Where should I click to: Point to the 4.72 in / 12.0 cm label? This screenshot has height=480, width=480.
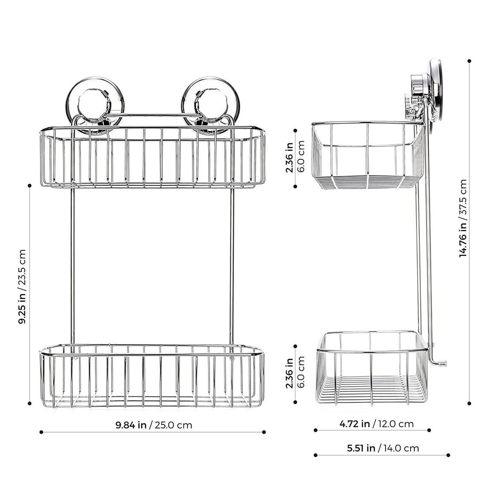(x=376, y=424)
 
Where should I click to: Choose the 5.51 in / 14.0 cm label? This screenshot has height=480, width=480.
(x=383, y=448)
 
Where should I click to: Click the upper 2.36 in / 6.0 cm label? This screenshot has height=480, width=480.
(x=295, y=158)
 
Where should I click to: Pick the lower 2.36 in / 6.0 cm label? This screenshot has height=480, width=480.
(x=295, y=373)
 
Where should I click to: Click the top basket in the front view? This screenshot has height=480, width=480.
(x=153, y=157)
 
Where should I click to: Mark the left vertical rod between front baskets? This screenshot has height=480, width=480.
(x=73, y=265)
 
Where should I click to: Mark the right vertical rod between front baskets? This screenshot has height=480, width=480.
(x=232, y=265)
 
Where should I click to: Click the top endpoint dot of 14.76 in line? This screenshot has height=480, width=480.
(x=469, y=61)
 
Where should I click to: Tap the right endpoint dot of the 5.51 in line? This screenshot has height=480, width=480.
(x=448, y=455)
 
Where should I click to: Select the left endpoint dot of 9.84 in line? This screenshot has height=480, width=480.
(x=41, y=432)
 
